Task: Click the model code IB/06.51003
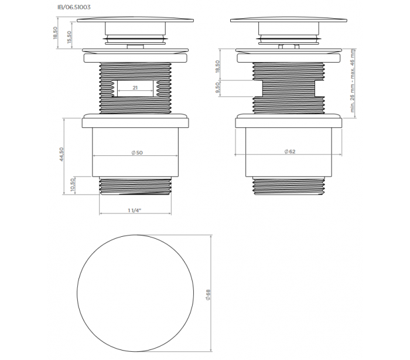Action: (x=74, y=7)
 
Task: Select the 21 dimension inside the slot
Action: (x=135, y=88)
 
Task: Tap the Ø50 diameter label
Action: (x=137, y=152)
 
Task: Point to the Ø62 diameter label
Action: (x=290, y=152)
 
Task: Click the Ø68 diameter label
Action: (x=208, y=294)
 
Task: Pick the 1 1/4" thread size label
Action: (x=135, y=210)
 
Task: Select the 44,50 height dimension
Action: (x=61, y=154)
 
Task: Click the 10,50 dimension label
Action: (x=73, y=185)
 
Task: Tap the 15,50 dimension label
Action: (x=69, y=37)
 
